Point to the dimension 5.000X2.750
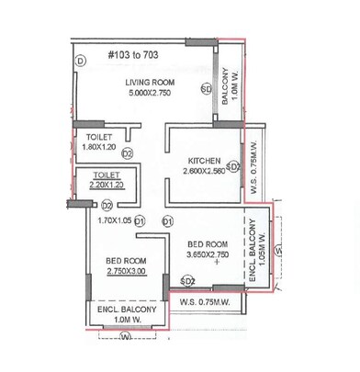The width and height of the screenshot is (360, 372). pyautogui.click(x=150, y=94)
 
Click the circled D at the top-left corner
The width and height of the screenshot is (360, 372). pyautogui.click(x=81, y=61)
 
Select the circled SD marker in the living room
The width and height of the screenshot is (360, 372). pyautogui.click(x=206, y=89)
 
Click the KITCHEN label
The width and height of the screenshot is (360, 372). pyautogui.click(x=200, y=158)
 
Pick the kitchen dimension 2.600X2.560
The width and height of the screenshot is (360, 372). pyautogui.click(x=202, y=171)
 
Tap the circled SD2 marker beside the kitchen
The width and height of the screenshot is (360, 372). pyautogui.click(x=233, y=167)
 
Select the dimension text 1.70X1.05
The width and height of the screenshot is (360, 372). pyautogui.click(x=114, y=220)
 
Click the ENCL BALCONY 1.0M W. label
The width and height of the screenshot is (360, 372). pyautogui.click(x=127, y=316)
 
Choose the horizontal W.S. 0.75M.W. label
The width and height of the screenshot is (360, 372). pyautogui.click(x=209, y=302)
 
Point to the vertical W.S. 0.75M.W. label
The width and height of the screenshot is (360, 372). pyautogui.click(x=253, y=176)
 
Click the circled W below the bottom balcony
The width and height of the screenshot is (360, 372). pyautogui.click(x=123, y=338)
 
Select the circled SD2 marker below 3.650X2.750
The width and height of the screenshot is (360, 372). pyautogui.click(x=187, y=280)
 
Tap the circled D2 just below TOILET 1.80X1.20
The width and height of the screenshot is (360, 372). pyautogui.click(x=127, y=153)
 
